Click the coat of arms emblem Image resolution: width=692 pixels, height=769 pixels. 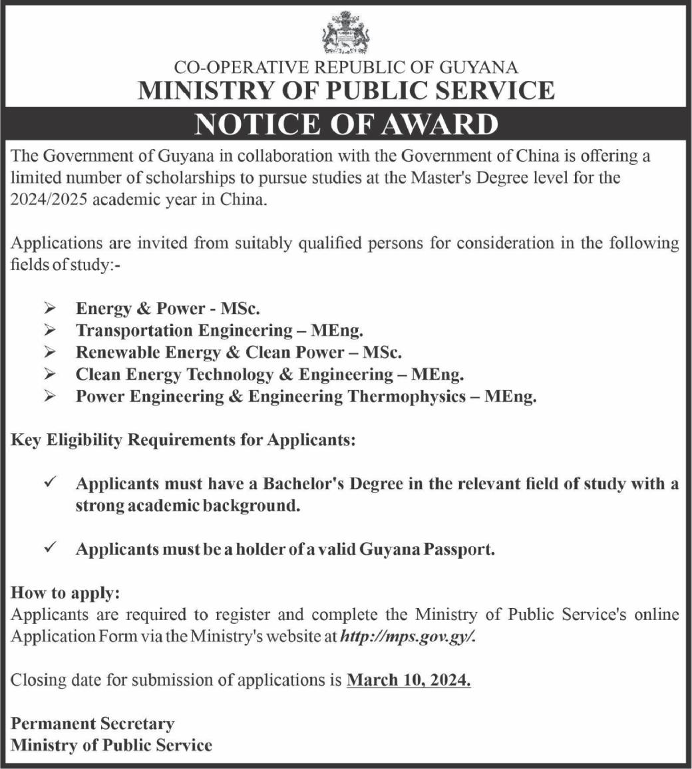(x=345, y=33)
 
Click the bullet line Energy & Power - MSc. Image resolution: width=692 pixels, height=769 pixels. (x=168, y=309)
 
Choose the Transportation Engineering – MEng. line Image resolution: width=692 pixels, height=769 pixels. (x=220, y=331)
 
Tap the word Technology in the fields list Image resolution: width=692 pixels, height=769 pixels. (x=230, y=375)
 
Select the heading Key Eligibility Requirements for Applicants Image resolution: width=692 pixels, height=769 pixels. (x=183, y=440)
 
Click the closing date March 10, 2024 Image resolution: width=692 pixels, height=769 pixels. (x=409, y=681)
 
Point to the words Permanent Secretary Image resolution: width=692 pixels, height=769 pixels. (x=92, y=723)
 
